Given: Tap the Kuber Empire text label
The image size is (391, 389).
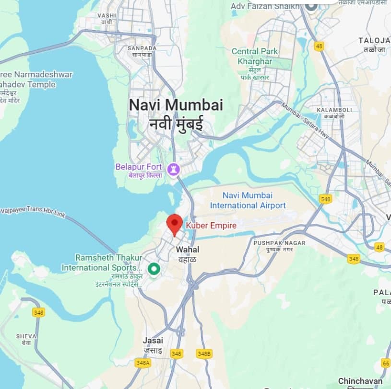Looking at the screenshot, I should tap(211, 225).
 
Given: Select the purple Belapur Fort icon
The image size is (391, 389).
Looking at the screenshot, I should tap(173, 169).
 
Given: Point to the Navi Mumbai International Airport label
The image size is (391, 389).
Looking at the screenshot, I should tap(248, 200).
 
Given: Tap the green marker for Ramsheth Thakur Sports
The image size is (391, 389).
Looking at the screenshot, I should tap(154, 269).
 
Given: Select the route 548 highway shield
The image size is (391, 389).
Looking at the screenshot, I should tap(326, 199).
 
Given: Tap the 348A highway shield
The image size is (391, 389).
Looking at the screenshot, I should tap(142, 363).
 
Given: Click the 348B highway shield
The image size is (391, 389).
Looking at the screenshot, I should tap(204, 354).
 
